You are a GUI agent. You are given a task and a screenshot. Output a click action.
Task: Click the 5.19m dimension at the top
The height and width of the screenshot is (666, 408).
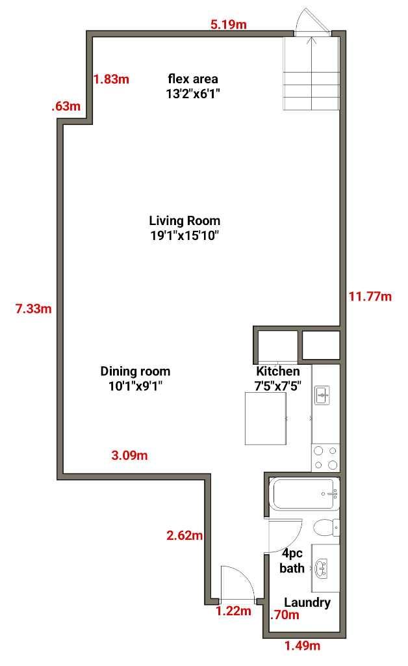[229, 25]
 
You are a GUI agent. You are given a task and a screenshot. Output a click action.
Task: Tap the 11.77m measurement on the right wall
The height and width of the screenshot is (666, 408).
[370, 297]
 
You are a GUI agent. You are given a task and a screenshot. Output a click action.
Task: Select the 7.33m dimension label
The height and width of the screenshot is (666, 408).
[33, 308]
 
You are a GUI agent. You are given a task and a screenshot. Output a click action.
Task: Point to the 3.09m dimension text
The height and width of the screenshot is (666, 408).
[130, 455]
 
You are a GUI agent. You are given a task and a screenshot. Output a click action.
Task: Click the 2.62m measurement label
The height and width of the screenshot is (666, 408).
[185, 536]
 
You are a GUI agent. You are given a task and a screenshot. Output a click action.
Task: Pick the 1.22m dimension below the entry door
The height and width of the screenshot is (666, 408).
[233, 611]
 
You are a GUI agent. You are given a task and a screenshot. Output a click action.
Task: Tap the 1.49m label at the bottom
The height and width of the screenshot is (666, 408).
[303, 646]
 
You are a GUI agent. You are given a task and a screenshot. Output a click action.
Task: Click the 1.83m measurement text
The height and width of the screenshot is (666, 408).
[112, 79]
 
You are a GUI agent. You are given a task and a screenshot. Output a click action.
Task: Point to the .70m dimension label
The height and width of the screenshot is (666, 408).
[285, 615]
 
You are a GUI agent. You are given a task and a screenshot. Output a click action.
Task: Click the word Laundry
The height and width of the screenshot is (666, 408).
[307, 602]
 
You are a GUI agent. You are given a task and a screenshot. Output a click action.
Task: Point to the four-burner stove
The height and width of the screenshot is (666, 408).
[325, 456]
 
